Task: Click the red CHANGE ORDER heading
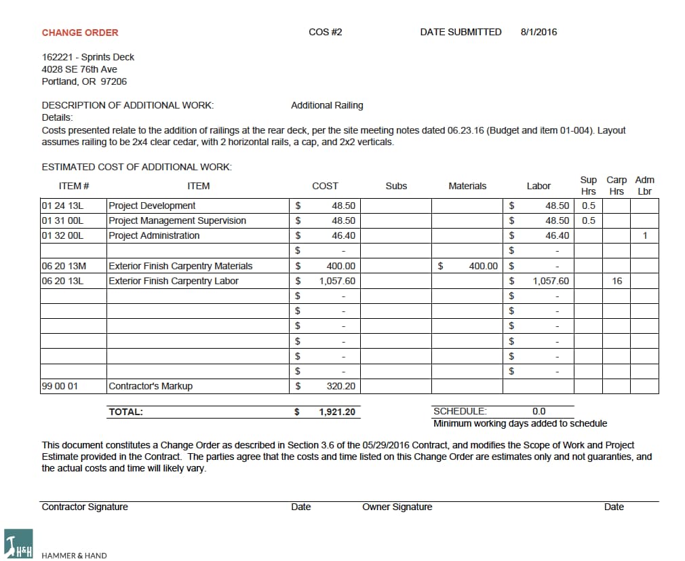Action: (80, 33)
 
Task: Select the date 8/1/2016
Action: (539, 32)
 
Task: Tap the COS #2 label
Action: (325, 32)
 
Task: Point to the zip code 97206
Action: (113, 81)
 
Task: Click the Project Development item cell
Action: (152, 206)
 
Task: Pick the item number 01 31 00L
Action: (62, 220)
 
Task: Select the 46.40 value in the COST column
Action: (343, 235)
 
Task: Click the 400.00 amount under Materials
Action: (483, 266)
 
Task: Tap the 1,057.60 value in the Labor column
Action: (551, 281)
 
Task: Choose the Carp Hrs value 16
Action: (616, 281)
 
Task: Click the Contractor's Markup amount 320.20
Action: (341, 386)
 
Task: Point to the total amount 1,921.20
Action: (337, 412)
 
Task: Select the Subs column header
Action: (396, 186)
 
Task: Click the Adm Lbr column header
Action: (644, 185)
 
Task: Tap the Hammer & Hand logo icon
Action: (18, 543)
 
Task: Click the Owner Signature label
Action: (397, 507)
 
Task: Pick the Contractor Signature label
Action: (85, 507)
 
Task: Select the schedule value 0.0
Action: (539, 411)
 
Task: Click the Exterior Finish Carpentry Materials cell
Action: (180, 266)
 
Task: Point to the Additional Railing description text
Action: (327, 105)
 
